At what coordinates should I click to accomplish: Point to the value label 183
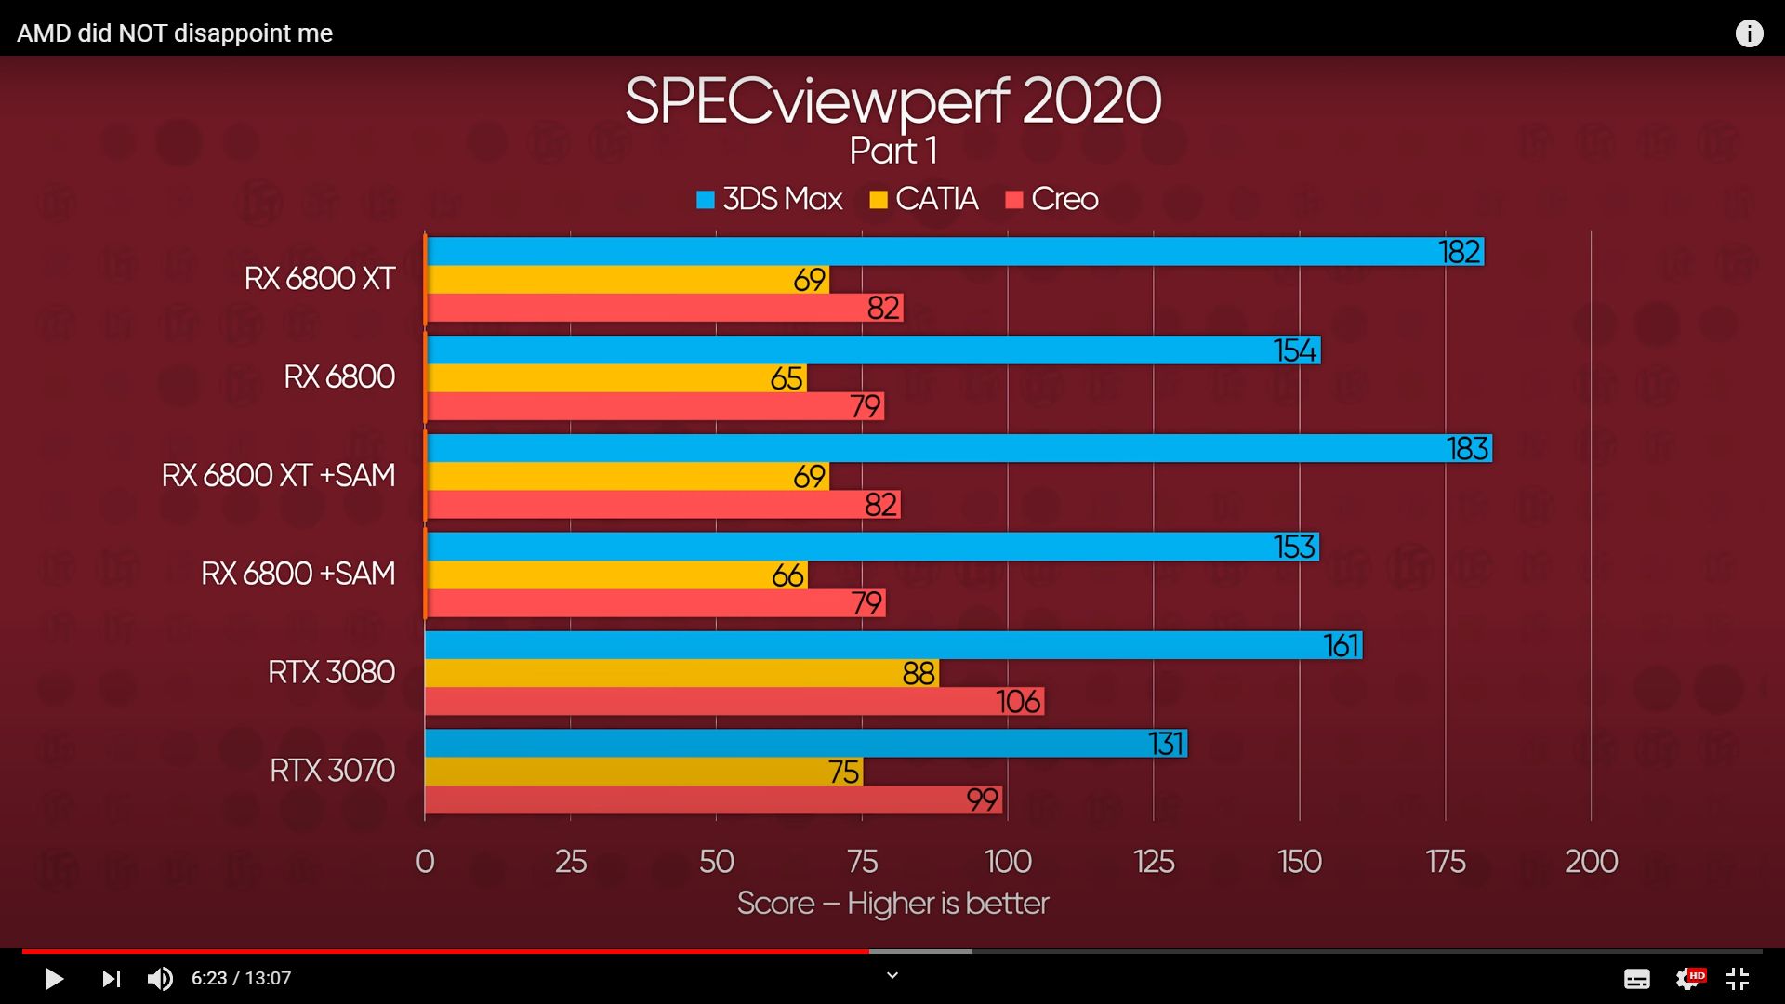(x=1468, y=449)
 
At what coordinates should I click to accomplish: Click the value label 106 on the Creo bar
(x=1018, y=701)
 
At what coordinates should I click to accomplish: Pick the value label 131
(x=1166, y=744)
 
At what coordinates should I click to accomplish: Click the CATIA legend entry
(x=924, y=199)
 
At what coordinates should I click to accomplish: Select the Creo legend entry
(x=1052, y=199)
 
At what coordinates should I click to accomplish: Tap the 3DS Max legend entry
(x=770, y=199)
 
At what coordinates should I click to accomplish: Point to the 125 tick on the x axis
(x=1154, y=862)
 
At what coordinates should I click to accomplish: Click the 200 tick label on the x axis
(x=1591, y=862)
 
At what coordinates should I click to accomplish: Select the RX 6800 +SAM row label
(x=297, y=574)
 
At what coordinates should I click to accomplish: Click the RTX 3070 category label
(x=332, y=771)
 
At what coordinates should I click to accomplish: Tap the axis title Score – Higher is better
(x=892, y=903)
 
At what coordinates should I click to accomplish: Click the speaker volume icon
(x=160, y=978)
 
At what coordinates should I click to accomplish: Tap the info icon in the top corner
(x=1749, y=33)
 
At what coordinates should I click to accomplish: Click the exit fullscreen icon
(x=1738, y=978)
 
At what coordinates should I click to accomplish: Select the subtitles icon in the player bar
(x=1637, y=979)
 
